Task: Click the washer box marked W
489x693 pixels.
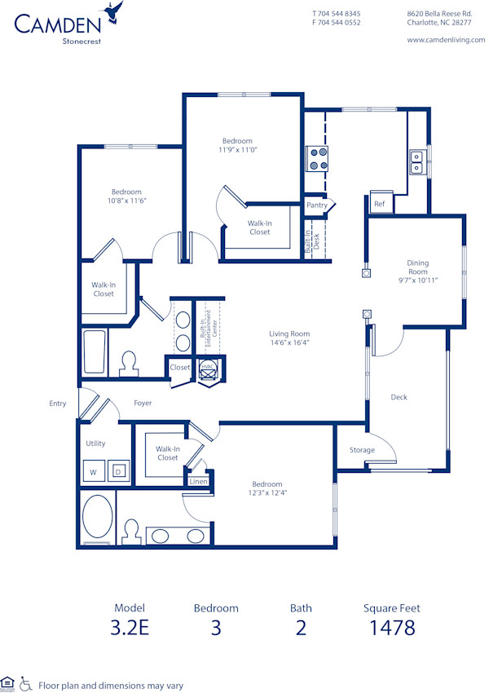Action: [93, 472]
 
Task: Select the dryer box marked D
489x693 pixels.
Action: [117, 472]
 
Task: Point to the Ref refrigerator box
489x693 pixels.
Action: [379, 204]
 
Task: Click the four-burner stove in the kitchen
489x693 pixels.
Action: [317, 158]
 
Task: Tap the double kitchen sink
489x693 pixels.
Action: [416, 162]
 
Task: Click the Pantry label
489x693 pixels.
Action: [317, 205]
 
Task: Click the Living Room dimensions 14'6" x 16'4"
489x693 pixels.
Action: [289, 343]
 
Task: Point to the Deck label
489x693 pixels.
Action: [399, 397]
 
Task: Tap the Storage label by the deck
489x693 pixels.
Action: [362, 450]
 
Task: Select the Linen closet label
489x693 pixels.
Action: [199, 482]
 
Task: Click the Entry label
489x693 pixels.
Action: [58, 404]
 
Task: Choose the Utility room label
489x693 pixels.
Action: [96, 444]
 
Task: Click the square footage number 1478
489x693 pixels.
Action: [391, 628]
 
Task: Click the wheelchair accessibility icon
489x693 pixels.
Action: [25, 683]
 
